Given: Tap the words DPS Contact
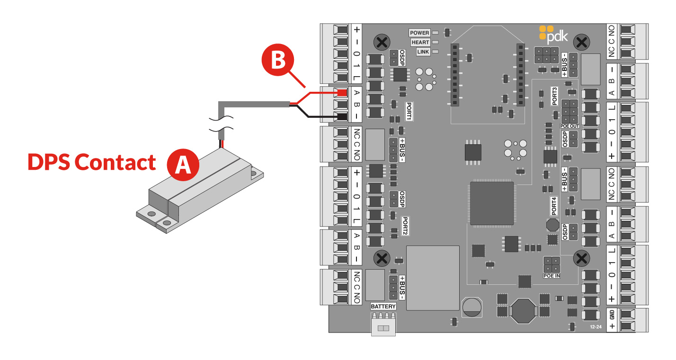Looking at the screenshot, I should click(x=91, y=162).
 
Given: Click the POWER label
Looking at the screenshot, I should click(x=419, y=33).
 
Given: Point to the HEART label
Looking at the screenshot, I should click(x=420, y=42).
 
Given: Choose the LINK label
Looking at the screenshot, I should click(x=423, y=52).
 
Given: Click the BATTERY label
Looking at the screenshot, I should click(x=383, y=307).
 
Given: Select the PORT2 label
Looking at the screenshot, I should click(x=405, y=227).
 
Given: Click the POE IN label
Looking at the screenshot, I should click(x=551, y=275).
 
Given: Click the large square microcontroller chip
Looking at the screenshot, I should click(x=491, y=203).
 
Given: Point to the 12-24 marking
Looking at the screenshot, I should click(x=596, y=327).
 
